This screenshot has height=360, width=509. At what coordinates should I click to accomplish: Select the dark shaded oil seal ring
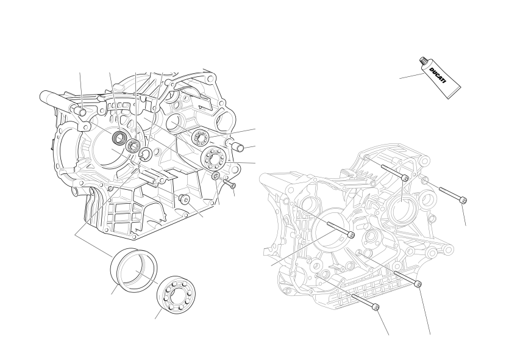click(x=119, y=138)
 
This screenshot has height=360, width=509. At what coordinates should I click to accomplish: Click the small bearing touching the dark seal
click(x=132, y=145)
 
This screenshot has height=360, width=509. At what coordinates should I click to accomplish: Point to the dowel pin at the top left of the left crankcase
click(x=79, y=110)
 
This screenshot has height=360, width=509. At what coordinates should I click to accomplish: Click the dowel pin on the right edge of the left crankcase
click(x=237, y=145)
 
